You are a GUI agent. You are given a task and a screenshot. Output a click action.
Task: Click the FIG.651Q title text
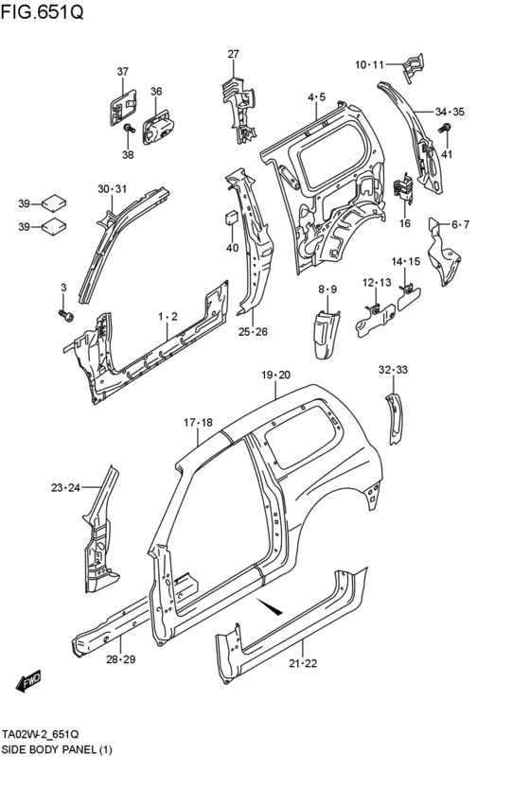pyautogui.click(x=42, y=10)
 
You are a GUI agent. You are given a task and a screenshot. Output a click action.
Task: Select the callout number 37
pyautogui.click(x=122, y=71)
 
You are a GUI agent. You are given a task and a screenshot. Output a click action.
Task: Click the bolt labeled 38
pyautogui.click(x=129, y=128)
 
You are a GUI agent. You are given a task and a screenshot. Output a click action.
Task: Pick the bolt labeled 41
pyautogui.click(x=445, y=128)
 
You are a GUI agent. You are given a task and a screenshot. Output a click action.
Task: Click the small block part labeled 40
pyautogui.click(x=231, y=218)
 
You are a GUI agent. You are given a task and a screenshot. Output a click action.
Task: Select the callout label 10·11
pyautogui.click(x=369, y=64)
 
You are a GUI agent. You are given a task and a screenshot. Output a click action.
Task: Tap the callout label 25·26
pyautogui.click(x=253, y=332)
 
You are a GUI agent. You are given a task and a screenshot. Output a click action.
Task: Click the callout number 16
pyautogui.click(x=405, y=223)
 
